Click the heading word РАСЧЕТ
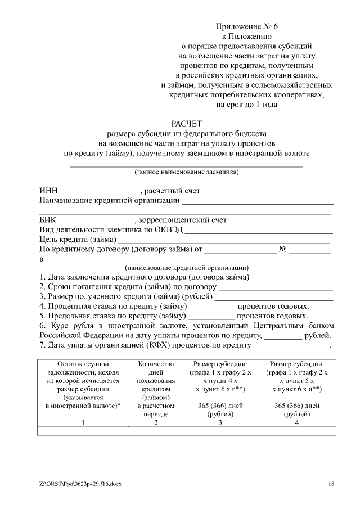[186, 123]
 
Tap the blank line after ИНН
[100, 192]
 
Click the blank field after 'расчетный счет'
[268, 192]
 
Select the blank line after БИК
[96, 221]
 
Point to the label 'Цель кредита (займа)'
[77, 240]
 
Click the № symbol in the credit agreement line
[283, 249]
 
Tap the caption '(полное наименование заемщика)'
[186, 172]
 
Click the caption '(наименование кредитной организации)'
[186, 268]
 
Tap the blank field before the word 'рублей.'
[283, 336]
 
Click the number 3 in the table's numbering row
[219, 422]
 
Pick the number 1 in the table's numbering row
[83, 422]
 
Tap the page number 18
[331, 484]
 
